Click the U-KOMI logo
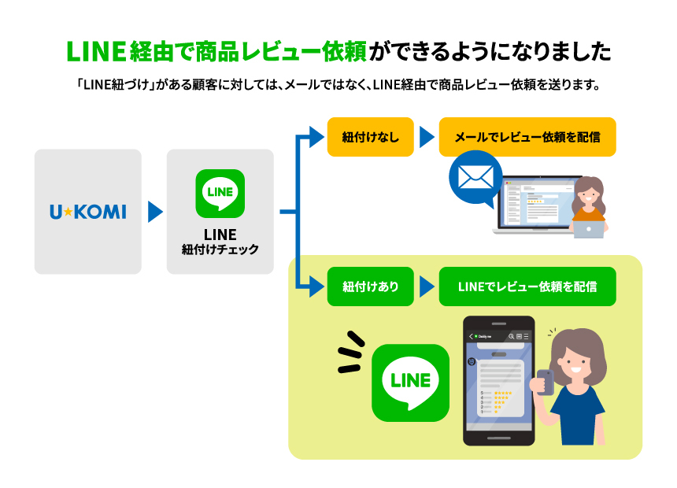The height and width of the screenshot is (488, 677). point(88,212)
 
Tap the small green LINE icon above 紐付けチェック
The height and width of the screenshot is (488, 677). point(220,194)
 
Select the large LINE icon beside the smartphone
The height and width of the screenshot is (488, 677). point(411,383)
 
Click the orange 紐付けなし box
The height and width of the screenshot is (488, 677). point(371,137)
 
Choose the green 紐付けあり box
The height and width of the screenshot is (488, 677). point(371,287)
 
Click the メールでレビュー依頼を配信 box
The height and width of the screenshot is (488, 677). point(527,137)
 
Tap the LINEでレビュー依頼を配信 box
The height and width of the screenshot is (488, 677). point(527,287)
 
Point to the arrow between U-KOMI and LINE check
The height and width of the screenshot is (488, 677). point(155,212)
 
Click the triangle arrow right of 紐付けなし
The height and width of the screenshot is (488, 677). point(427,137)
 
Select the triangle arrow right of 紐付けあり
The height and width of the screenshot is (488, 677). point(427,287)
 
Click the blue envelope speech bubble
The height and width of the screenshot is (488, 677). point(475,178)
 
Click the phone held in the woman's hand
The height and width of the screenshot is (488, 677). point(546,383)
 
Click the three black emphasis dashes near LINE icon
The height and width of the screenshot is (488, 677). point(350,352)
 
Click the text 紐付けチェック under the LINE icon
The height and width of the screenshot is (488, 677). point(220,250)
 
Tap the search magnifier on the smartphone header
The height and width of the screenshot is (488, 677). point(511,336)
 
